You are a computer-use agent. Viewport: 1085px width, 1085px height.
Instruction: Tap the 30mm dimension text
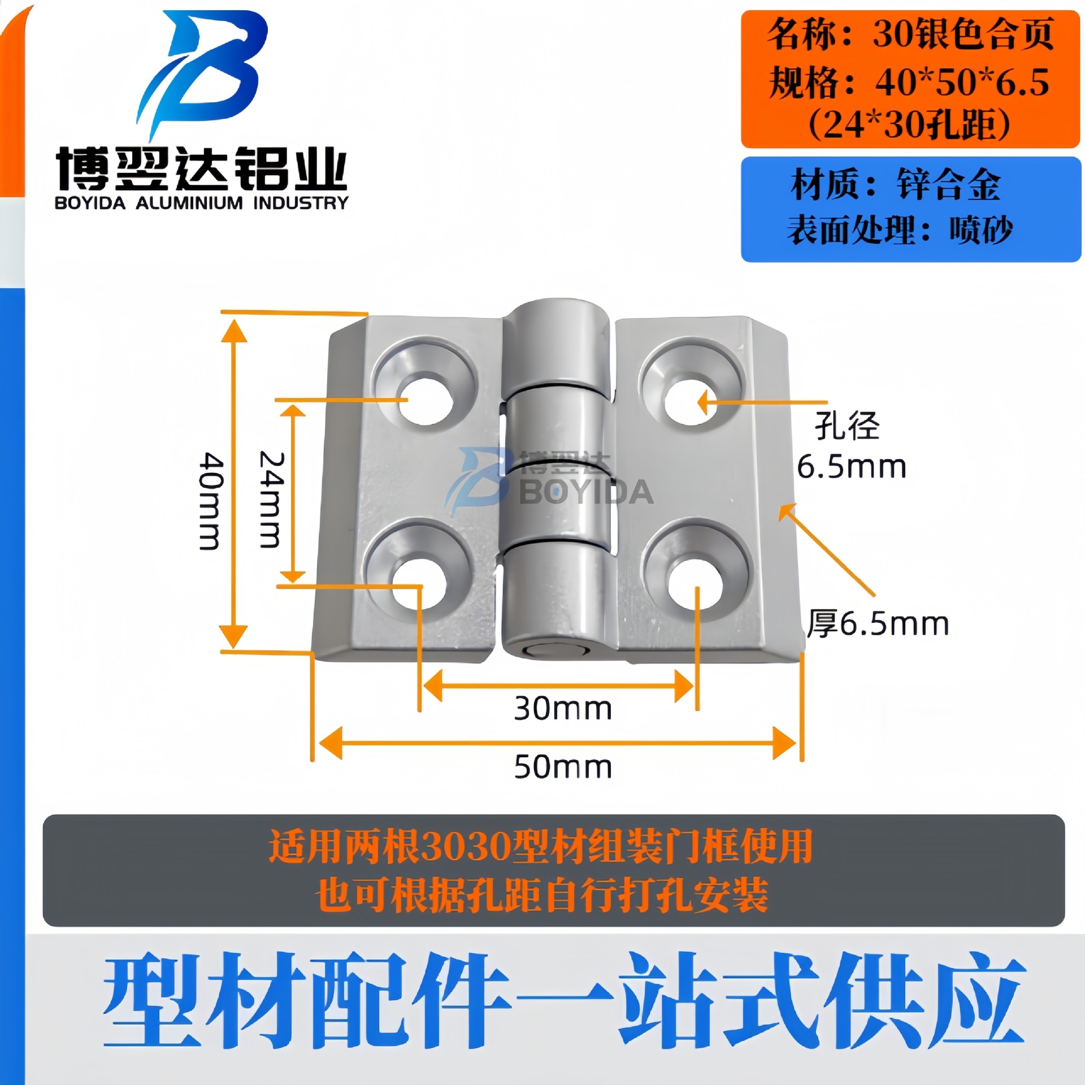click(x=562, y=708)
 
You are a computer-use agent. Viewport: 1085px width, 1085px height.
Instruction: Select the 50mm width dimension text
click(x=562, y=767)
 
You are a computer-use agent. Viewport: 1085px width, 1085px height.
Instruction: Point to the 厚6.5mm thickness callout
click(x=877, y=624)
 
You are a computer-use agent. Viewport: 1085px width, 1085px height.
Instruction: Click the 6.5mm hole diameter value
click(x=851, y=467)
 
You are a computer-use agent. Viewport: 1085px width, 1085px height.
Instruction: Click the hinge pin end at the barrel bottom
click(x=556, y=650)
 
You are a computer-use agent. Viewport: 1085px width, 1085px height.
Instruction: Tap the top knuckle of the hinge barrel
click(x=557, y=345)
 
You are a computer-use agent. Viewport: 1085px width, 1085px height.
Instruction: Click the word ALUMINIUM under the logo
click(x=189, y=203)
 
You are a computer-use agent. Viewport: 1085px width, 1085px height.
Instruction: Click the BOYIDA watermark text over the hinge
click(x=586, y=493)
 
